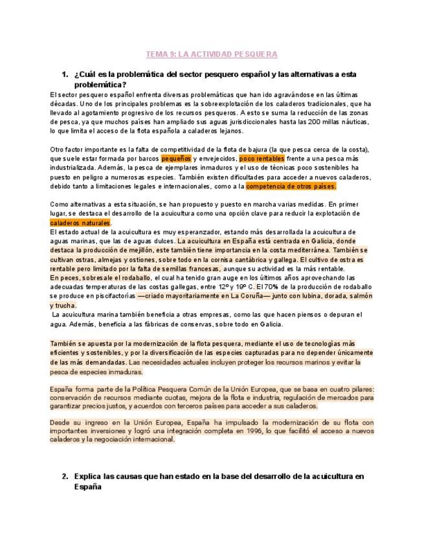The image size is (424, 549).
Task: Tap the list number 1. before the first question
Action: point(65,74)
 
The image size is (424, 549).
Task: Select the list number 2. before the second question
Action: point(65,476)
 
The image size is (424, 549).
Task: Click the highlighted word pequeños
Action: point(175,157)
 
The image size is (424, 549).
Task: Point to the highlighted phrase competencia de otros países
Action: point(292,186)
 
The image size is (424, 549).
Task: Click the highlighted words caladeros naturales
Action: point(80,223)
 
